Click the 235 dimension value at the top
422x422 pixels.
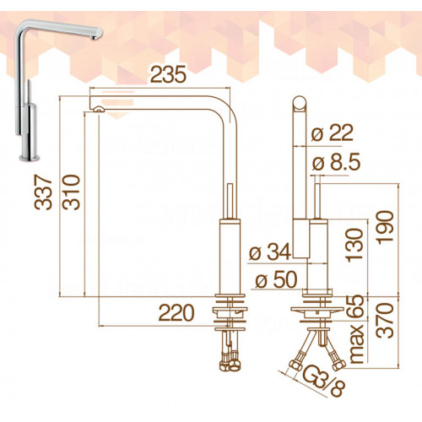pyautogui.click(x=169, y=74)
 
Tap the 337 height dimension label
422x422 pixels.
pyautogui.click(x=43, y=192)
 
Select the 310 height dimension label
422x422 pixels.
pyautogui.click(x=71, y=192)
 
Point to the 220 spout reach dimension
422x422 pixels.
pyautogui.click(x=176, y=313)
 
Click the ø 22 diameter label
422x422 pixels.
pyautogui.click(x=333, y=133)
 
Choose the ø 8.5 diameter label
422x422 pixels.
pyautogui.click(x=336, y=162)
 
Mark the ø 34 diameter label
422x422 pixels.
pyautogui.click(x=269, y=252)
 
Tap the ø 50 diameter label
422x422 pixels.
pyautogui.click(x=276, y=280)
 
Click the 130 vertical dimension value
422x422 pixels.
pyautogui.click(x=354, y=246)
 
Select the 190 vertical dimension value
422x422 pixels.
pyautogui.click(x=385, y=227)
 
